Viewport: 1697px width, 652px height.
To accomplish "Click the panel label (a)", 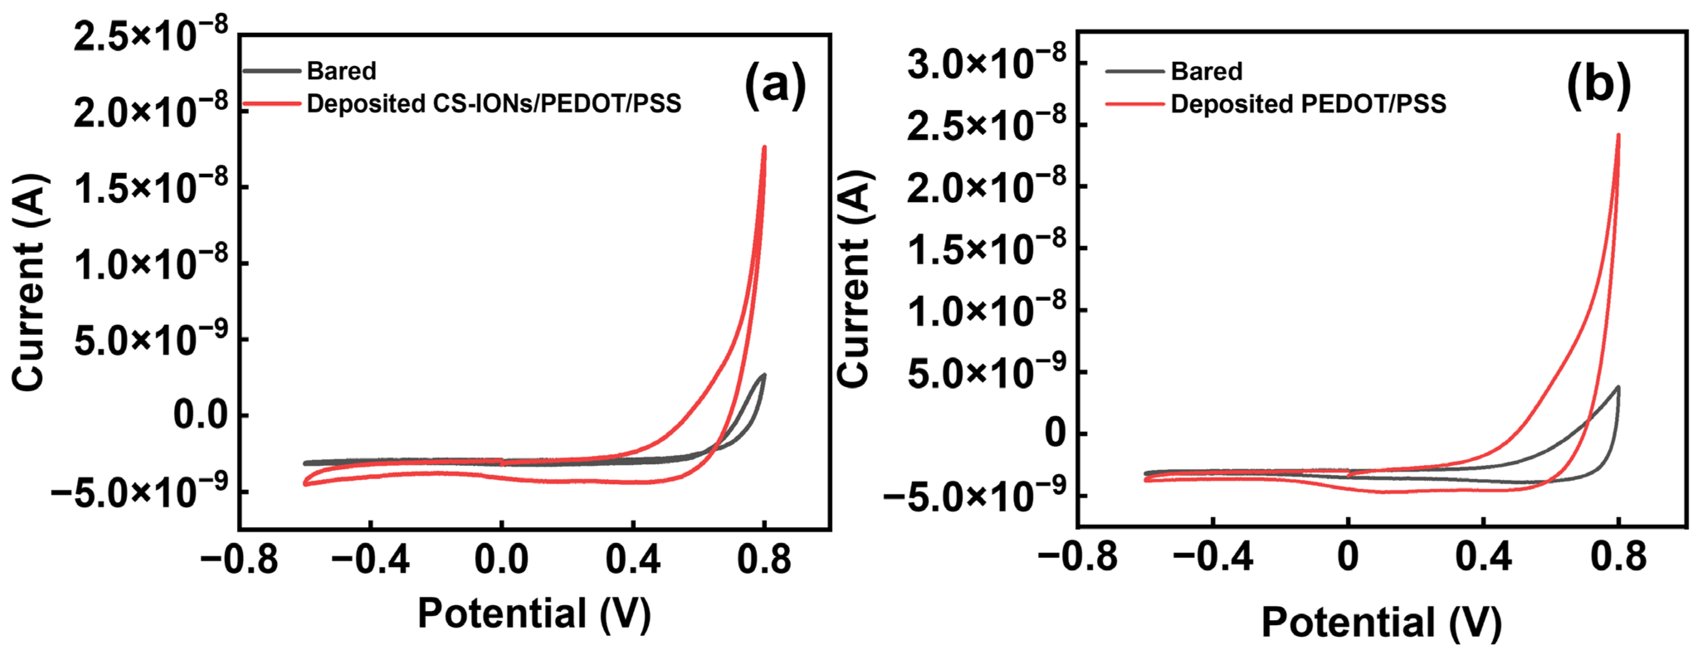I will [x=775, y=85].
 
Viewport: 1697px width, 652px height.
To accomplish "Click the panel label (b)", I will [x=1598, y=85].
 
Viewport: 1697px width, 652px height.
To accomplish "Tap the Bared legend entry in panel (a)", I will [x=341, y=71].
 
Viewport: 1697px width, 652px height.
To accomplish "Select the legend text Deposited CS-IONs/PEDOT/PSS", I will [x=493, y=103].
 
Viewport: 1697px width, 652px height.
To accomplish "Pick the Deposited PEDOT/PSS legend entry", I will [x=1308, y=103].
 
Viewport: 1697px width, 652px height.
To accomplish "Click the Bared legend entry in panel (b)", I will [x=1206, y=71].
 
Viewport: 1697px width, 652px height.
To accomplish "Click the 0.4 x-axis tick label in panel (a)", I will [x=632, y=560].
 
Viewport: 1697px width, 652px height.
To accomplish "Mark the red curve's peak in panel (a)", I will [x=764, y=147].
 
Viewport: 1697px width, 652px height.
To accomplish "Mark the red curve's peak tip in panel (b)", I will [x=1618, y=135].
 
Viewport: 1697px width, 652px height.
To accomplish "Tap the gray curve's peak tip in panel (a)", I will [x=764, y=375].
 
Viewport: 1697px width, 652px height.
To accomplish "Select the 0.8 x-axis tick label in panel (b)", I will [x=1618, y=557].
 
